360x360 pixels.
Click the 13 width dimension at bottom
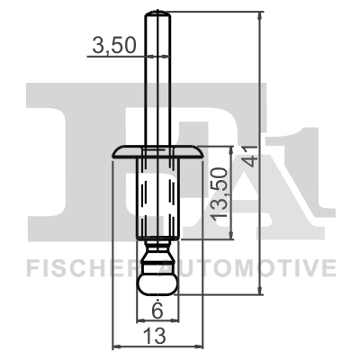(x=156, y=336)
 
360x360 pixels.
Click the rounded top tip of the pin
(x=157, y=13)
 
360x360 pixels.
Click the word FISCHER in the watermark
(x=72, y=267)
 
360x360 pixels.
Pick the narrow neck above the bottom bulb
(x=157, y=247)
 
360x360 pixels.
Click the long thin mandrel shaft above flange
(x=157, y=81)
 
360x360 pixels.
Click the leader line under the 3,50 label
(x=117, y=56)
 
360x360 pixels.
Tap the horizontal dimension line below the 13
(x=156, y=346)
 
